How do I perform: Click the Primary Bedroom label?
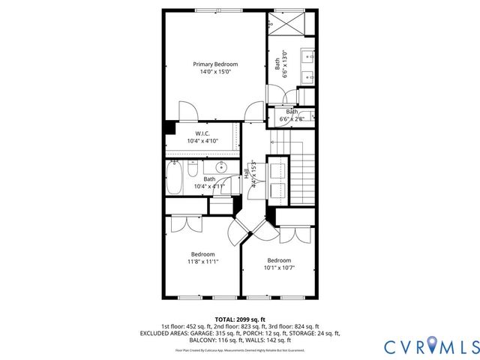click(214, 64)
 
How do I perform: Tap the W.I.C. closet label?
click(202, 133)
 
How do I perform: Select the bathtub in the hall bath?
click(174, 180)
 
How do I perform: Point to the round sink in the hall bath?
click(221, 167)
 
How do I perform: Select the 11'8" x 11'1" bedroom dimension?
click(202, 262)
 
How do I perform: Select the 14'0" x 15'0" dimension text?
click(214, 73)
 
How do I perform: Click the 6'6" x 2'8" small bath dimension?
click(292, 119)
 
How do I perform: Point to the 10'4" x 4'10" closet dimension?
click(202, 141)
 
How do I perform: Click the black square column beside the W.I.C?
click(170, 127)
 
